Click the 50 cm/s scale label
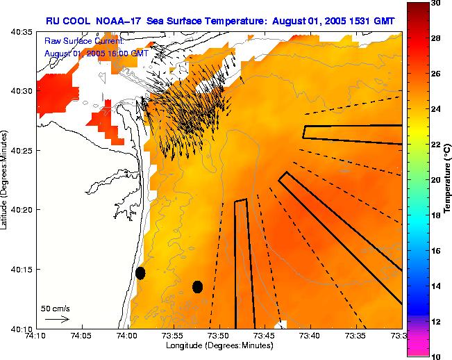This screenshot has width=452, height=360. click(55, 309)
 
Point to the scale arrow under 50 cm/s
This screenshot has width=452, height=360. click(57, 319)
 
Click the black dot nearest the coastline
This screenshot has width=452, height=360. click(140, 272)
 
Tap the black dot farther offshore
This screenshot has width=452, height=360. click(197, 286)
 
